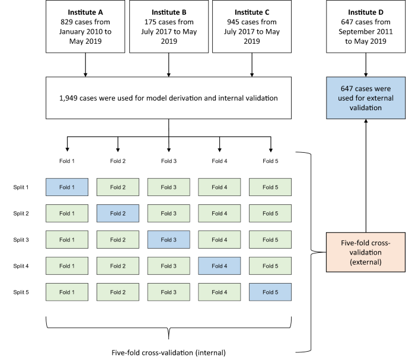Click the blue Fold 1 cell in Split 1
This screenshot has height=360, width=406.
[x=67, y=187]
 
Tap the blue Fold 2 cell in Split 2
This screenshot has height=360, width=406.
[x=118, y=213]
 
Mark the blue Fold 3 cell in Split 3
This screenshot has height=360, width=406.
[x=169, y=239]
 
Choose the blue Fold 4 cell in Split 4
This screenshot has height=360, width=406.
[x=219, y=265]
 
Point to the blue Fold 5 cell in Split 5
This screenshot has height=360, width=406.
[x=270, y=292]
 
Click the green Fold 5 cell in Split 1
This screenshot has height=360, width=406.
[x=270, y=187]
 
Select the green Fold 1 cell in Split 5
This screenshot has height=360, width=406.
[x=67, y=292]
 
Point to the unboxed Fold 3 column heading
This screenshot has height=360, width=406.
[x=169, y=160]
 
